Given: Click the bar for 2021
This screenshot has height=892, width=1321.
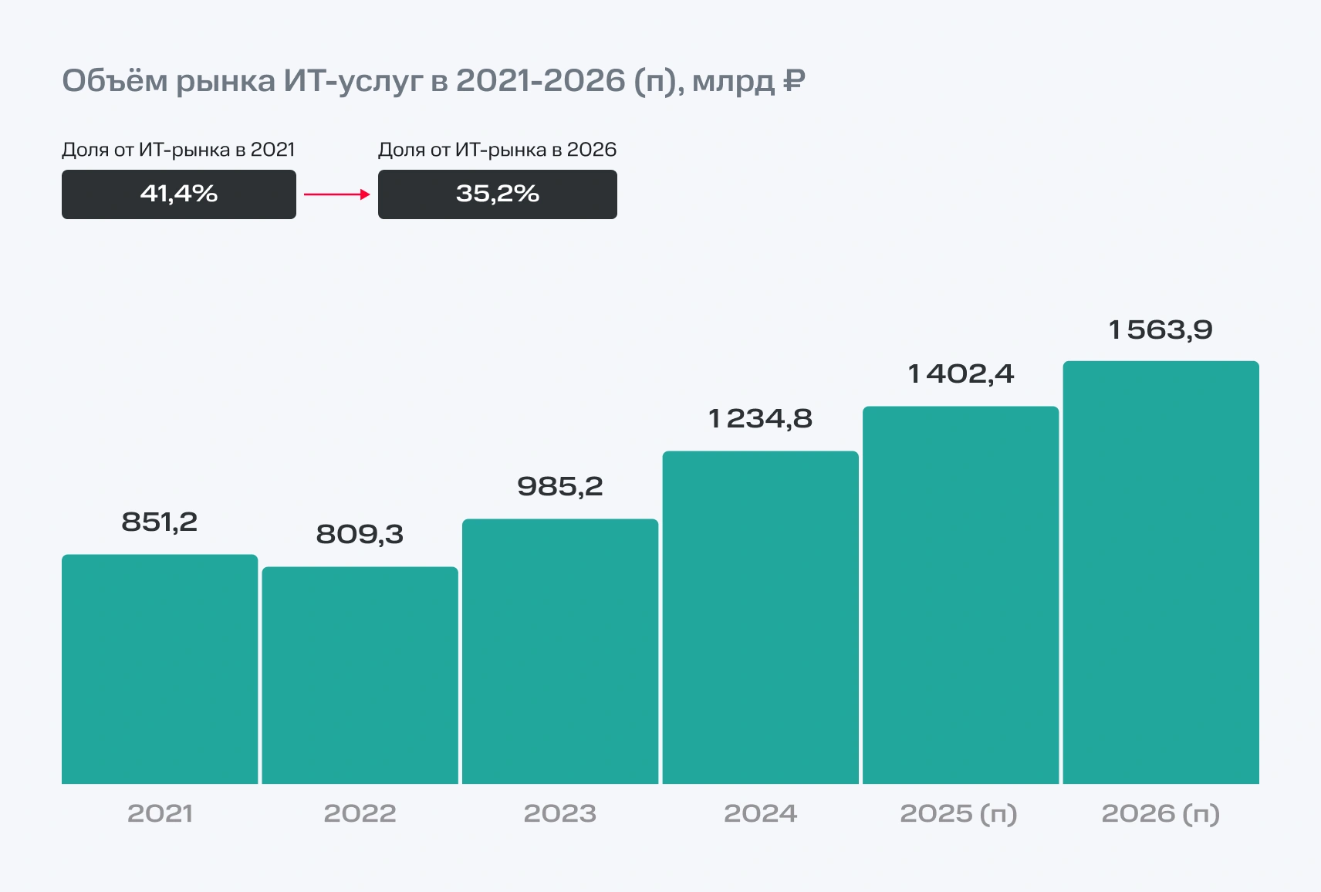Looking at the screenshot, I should [160, 669].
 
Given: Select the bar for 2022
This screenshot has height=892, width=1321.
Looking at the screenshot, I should [360, 675].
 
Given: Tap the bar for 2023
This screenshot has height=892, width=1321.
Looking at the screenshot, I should [560, 651].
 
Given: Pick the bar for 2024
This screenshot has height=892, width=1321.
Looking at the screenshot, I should [760, 617].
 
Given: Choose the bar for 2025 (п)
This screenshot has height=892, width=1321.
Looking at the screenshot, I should [961, 595].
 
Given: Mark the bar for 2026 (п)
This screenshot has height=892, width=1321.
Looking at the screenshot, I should [1161, 573].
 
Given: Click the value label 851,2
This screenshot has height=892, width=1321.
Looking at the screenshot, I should [160, 522].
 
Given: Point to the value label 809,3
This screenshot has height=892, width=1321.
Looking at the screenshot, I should [360, 535].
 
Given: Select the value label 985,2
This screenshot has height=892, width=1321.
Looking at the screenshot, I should [560, 487].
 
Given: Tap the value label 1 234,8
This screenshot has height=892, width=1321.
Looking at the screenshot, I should [760, 419].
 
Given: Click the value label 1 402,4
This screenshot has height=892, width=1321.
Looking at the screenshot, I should [961, 374].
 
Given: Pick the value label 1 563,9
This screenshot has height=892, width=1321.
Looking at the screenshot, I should [1161, 330].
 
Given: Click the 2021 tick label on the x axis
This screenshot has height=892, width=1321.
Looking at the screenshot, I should [160, 813].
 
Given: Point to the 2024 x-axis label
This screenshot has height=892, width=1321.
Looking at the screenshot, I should [760, 813].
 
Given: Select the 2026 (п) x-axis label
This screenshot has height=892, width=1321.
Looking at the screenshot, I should [1161, 813].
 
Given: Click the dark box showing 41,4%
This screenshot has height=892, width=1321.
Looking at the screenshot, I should [179, 194].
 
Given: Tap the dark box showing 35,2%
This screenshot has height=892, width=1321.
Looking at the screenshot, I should [498, 194].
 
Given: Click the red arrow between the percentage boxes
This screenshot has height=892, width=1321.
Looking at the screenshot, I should [337, 194].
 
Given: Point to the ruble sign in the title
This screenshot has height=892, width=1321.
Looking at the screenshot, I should [794, 80].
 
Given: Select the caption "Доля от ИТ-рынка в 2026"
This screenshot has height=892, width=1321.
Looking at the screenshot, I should [498, 150].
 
